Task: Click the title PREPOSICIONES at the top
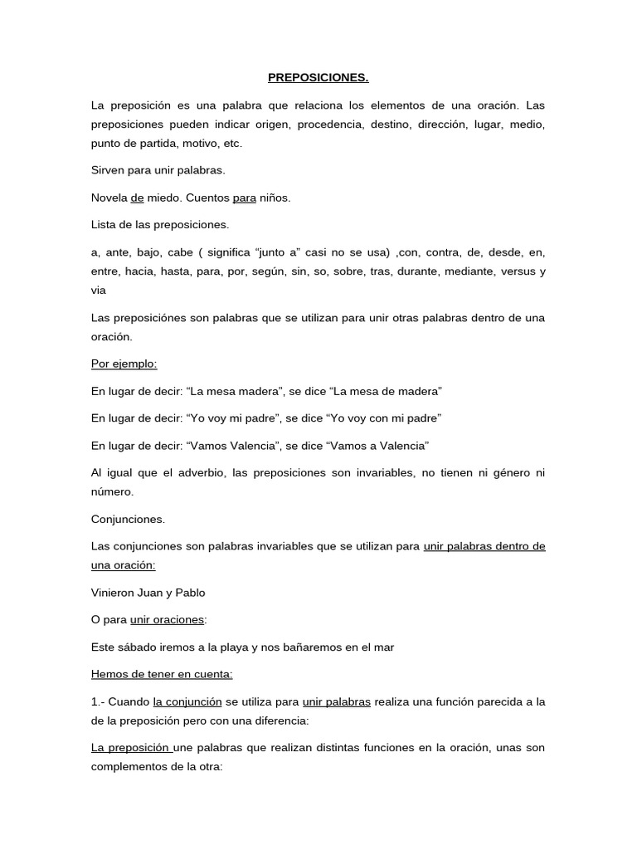point(318,78)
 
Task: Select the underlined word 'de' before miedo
point(138,198)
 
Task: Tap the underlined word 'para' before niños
point(245,198)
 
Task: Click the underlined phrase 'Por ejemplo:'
point(124,364)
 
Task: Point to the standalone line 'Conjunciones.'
point(128,520)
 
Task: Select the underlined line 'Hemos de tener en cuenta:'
point(162,675)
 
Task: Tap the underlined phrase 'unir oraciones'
point(167,619)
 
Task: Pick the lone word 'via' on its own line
point(99,291)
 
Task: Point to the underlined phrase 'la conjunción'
point(187,701)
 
